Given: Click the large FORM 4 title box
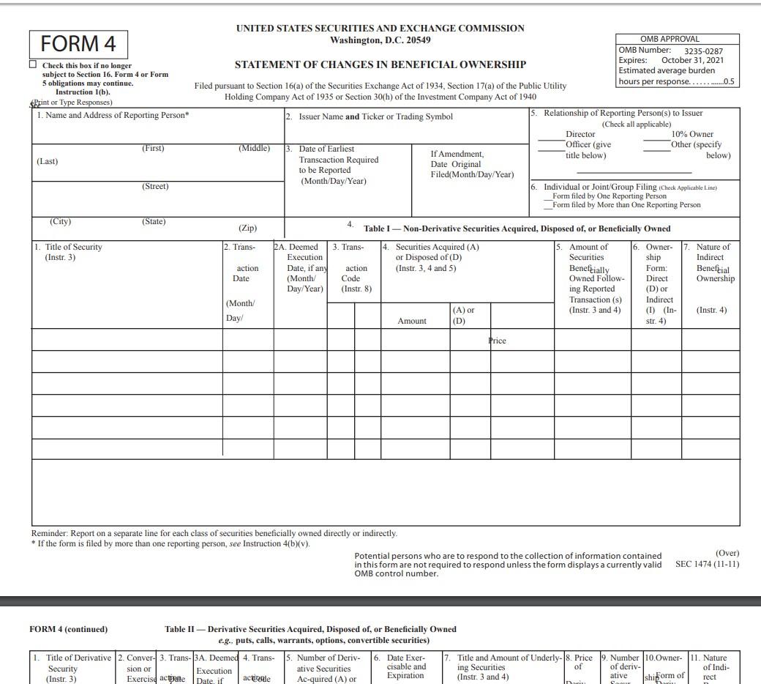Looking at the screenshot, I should [78, 44].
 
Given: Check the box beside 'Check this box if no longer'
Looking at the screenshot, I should [33, 64].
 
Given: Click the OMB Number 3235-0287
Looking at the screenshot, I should [703, 51].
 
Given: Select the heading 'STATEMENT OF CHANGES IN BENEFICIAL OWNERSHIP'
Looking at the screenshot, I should [380, 64].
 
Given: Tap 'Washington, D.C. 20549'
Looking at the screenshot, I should [380, 40].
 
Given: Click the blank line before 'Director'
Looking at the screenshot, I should [551, 135].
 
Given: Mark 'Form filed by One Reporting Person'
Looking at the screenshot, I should [609, 196].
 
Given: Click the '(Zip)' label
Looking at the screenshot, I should [247, 228].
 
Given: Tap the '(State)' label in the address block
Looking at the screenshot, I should [154, 221].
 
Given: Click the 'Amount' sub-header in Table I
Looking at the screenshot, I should [412, 321].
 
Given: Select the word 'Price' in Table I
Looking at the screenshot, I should [498, 341].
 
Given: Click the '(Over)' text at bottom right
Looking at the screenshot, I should [727, 553].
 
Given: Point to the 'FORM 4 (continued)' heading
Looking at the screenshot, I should [69, 629].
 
